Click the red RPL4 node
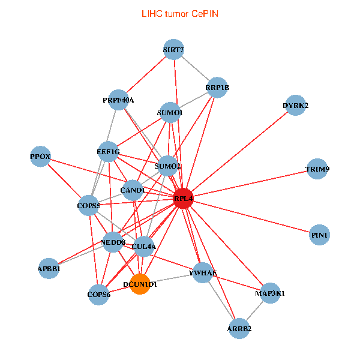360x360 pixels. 183,199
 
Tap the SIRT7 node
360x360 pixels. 173,50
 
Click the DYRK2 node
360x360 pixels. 295,106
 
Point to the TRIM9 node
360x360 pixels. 317,169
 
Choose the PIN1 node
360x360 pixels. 320,235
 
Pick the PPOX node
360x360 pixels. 40,157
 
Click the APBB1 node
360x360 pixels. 49,269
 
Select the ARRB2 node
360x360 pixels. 239,328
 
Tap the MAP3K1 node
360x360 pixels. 270,293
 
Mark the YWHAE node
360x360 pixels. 203,273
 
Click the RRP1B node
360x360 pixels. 217,88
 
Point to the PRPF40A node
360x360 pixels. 118,100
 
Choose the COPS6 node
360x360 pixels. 99,294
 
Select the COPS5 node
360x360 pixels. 88,205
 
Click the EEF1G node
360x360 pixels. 108,152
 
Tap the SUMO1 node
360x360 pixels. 170,112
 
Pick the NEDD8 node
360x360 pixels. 113,242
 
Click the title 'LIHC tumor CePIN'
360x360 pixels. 179,13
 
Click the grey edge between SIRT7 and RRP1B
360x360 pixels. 196,69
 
